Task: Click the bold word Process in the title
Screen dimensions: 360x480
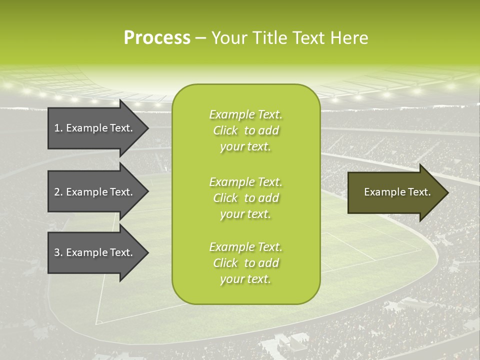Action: click(157, 38)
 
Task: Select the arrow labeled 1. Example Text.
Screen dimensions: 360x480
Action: click(95, 128)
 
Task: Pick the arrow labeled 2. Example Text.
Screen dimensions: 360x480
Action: click(95, 192)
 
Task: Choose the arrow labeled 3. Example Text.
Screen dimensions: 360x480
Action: click(95, 252)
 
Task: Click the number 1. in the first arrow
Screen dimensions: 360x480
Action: click(58, 128)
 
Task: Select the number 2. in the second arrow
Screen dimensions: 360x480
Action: click(58, 192)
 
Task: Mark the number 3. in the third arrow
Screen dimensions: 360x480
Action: click(58, 252)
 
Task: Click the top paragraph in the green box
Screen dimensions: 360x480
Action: click(245, 130)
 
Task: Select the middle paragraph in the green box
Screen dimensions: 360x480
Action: click(245, 198)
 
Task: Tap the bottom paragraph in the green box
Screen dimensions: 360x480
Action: click(245, 263)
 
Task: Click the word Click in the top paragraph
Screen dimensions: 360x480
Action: click(225, 131)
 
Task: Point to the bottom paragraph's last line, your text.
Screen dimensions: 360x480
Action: click(245, 279)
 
